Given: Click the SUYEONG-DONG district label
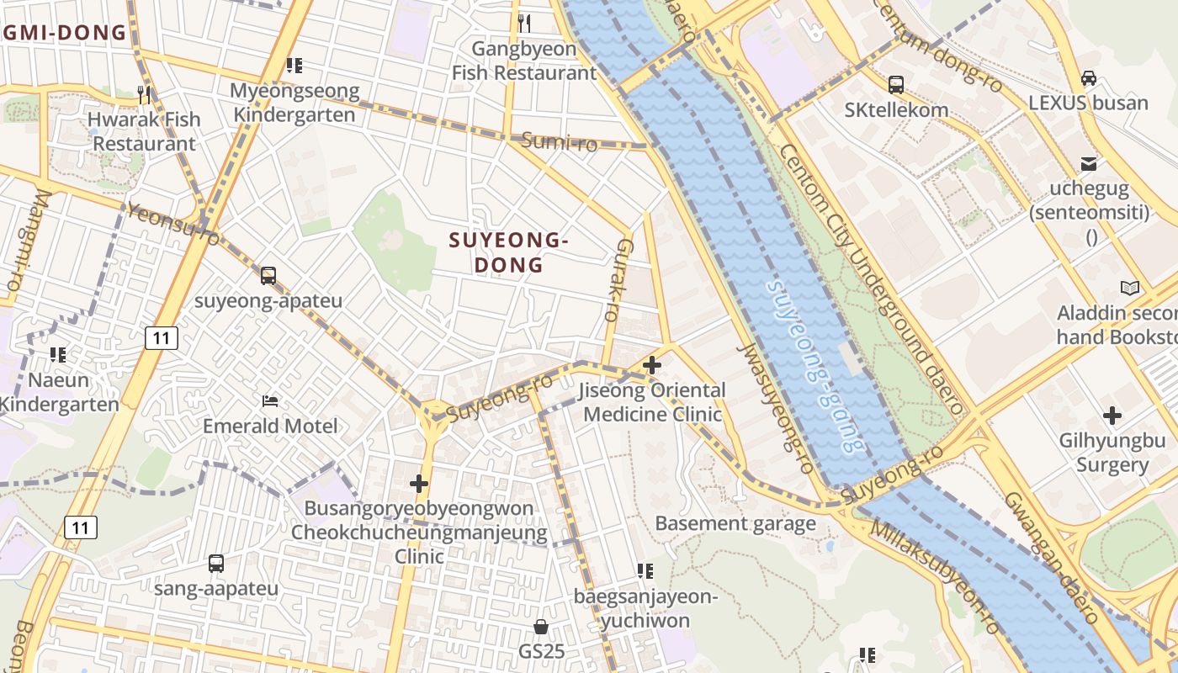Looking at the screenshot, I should click(509, 252).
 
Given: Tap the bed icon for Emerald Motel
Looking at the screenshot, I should click(270, 400).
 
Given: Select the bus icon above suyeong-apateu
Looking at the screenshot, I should click(268, 275).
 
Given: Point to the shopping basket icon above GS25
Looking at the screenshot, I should click(541, 627).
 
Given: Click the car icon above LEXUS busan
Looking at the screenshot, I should click(1088, 77).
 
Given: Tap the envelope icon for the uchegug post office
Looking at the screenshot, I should click(1089, 163).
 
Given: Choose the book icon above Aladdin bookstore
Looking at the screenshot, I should click(1129, 289).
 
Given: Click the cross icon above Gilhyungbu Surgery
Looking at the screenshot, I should click(1112, 415).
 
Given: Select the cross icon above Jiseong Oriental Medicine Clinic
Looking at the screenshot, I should click(651, 365).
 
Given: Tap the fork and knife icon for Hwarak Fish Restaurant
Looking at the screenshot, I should click(144, 93).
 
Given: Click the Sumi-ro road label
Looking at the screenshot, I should click(559, 141).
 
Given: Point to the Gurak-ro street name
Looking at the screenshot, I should click(618, 280).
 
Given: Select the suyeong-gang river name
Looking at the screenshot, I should click(814, 366).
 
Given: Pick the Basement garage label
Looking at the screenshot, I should click(735, 523).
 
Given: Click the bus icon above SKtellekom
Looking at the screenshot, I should click(896, 84).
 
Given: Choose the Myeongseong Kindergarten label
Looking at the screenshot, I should click(294, 103).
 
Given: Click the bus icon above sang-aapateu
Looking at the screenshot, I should click(216, 564).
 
